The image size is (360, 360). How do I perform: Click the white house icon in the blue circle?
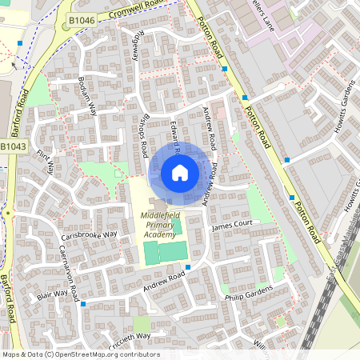coord(180,172)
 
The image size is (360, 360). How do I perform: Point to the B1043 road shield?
coord(14,146)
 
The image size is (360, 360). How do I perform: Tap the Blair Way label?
coord(53,295)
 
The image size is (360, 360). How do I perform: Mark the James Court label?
coord(231,226)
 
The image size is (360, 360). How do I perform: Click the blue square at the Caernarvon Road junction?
coord(82,304)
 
